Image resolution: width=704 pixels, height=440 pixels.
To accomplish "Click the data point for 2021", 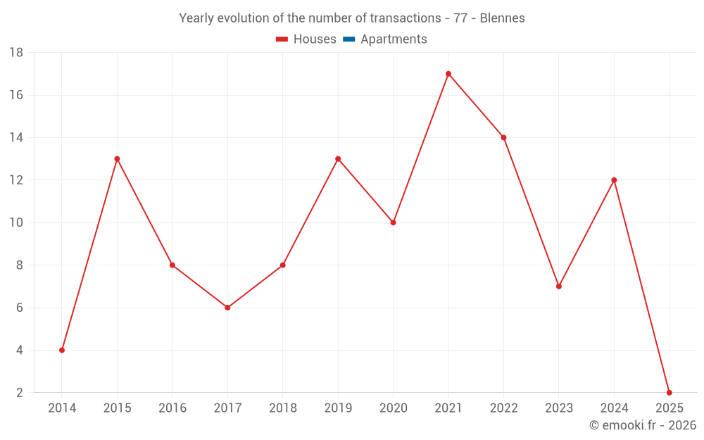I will [x=448, y=74].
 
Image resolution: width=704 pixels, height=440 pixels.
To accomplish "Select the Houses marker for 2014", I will [x=62, y=350].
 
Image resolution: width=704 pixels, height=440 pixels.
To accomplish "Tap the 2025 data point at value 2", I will [x=669, y=392].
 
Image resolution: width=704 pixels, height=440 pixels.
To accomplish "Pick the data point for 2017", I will [x=227, y=308].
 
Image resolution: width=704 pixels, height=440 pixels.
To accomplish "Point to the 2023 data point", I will [x=558, y=287].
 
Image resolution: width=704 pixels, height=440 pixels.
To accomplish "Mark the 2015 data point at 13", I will [x=117, y=159].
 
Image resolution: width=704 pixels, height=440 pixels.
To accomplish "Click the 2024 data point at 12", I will [x=614, y=180].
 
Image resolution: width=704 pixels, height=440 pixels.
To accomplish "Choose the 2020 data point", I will [x=393, y=222].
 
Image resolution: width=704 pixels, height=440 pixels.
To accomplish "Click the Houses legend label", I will [x=315, y=39].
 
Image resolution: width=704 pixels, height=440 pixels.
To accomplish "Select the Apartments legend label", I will [x=394, y=39].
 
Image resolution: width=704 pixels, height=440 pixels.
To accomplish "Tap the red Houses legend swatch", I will [x=282, y=39].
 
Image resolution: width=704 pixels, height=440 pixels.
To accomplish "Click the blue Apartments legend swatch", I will [x=348, y=39].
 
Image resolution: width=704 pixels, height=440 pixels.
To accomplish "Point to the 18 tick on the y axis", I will [x=16, y=53].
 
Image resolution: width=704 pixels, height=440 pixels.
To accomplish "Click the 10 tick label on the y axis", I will [x=16, y=222].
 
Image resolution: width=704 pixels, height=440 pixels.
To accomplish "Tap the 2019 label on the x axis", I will [x=338, y=408].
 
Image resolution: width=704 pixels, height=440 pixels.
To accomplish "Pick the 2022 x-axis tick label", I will [x=503, y=408].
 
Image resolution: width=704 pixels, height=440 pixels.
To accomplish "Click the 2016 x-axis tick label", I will [x=172, y=408].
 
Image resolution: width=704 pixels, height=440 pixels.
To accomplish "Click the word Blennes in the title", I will [x=502, y=18].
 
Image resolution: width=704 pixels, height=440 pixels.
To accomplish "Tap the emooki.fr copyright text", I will [x=643, y=425].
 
